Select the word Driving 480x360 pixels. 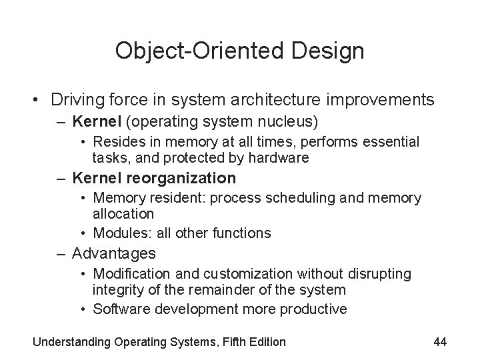pyautogui.click(x=73, y=101)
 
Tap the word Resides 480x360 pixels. pyautogui.click(x=116, y=141)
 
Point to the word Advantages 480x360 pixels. pyautogui.click(x=113, y=253)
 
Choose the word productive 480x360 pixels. pyautogui.click(x=317, y=309)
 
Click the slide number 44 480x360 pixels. pyautogui.click(x=440, y=342)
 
